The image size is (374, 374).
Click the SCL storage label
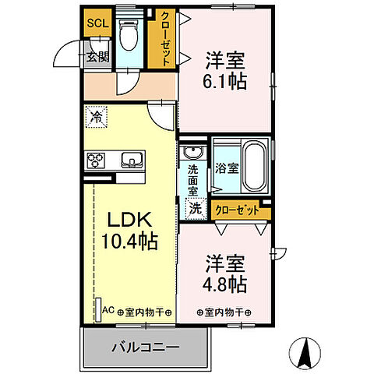click(x=97, y=23)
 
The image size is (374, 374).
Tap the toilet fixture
click(x=129, y=33)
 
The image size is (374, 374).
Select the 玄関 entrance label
click(x=97, y=56)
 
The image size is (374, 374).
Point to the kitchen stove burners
click(x=97, y=161)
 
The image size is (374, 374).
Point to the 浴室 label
click(x=225, y=168)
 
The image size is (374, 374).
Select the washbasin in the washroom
click(x=194, y=152)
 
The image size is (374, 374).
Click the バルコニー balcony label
click(x=145, y=347)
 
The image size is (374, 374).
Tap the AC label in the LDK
click(x=108, y=311)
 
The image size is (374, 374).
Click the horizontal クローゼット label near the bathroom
click(x=236, y=210)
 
